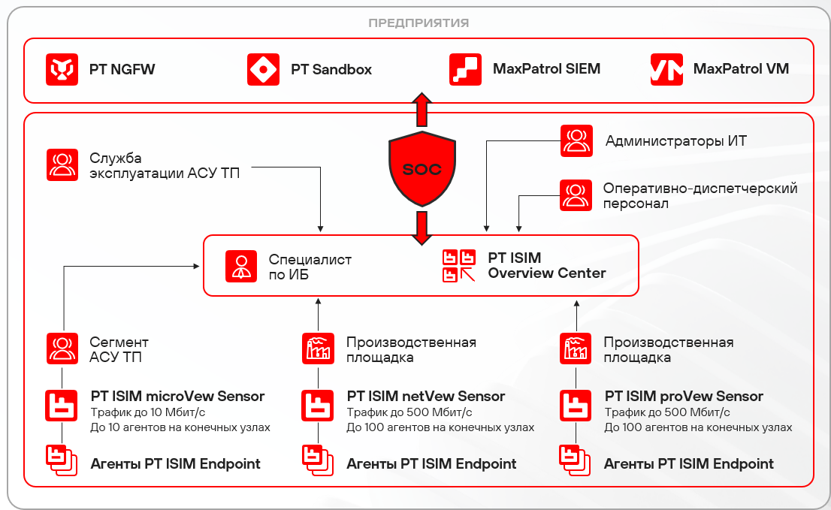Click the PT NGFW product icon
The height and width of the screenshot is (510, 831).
click(62, 70)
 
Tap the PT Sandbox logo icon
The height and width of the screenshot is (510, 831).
click(263, 70)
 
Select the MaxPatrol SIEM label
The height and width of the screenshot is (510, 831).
click(546, 69)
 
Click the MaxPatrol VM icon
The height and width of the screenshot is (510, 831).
click(666, 70)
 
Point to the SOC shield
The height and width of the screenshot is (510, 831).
click(422, 170)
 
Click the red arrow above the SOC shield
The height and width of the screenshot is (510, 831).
click(422, 110)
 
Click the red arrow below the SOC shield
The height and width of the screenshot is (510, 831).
click(422, 228)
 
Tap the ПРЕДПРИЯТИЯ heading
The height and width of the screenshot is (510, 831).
click(419, 23)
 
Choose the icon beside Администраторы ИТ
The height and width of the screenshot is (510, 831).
click(576, 140)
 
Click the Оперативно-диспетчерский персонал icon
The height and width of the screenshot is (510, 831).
click(576, 195)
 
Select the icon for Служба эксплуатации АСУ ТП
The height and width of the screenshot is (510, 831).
click(62, 165)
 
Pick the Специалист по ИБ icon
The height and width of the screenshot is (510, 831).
click(241, 266)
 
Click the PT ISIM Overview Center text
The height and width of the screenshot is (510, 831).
click(546, 266)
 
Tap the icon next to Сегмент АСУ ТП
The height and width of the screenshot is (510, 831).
click(62, 349)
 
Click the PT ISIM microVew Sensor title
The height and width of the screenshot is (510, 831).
click(177, 396)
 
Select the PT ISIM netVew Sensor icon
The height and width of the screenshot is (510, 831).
click(318, 405)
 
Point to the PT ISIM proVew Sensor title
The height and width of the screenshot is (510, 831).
click(684, 396)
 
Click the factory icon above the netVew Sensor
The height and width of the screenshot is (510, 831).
click(318, 348)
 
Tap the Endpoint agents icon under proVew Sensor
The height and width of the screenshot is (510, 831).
click(575, 458)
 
